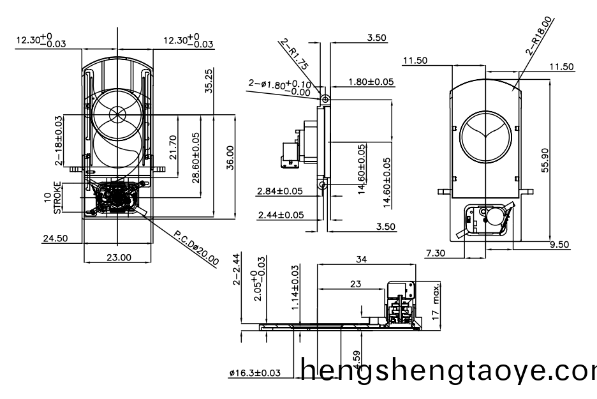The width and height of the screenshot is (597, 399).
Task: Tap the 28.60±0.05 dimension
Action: (x=195, y=157)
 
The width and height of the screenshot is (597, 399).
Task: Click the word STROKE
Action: (x=58, y=198)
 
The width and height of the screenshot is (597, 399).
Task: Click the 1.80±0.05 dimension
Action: (x=371, y=82)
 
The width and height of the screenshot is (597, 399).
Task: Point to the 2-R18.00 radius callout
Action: (x=541, y=37)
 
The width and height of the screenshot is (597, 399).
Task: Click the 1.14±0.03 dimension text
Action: (x=295, y=287)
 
